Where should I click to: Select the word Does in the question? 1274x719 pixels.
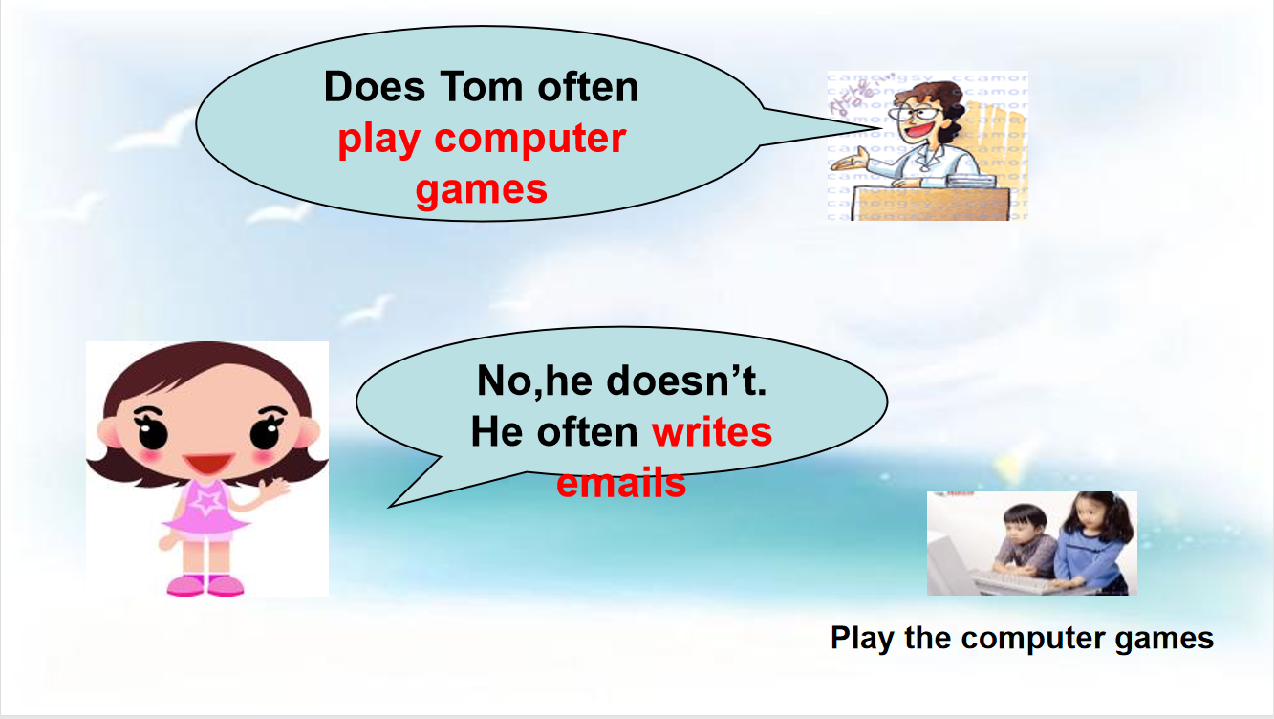(x=375, y=87)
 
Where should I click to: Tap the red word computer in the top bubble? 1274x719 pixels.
(x=529, y=140)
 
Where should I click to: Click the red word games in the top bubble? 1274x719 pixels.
(x=481, y=190)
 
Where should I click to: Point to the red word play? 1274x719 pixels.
(x=378, y=140)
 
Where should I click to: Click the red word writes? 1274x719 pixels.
(x=712, y=432)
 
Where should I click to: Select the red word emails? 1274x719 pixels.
(x=621, y=483)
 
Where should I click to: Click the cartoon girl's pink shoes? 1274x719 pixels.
(x=205, y=585)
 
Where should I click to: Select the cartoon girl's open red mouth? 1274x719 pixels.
(x=208, y=464)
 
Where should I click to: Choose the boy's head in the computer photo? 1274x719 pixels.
(x=1025, y=522)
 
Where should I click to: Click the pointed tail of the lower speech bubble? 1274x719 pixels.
(x=390, y=506)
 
